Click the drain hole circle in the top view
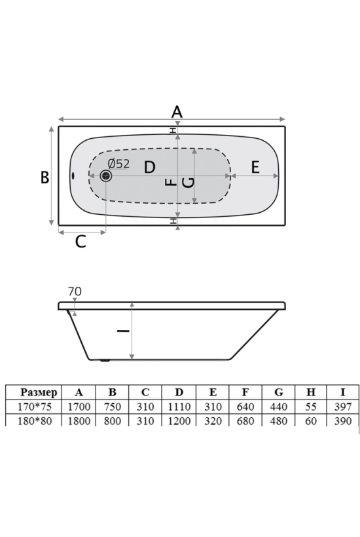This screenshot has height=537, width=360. click(106, 176)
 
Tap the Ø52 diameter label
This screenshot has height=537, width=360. click(118, 164)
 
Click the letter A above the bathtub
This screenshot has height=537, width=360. click(177, 112)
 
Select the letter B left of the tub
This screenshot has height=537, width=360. click(45, 177)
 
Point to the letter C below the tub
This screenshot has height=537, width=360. click(81, 242)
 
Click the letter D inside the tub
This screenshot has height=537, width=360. click(149, 168)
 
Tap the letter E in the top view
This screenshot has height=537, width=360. click(255, 168)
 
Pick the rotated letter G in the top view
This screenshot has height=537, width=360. click(189, 182)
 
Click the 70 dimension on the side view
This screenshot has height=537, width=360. click(75, 291)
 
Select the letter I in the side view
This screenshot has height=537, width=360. click(123, 331)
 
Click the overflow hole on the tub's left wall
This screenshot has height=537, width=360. click(73, 176)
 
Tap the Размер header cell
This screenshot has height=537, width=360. click(39, 392)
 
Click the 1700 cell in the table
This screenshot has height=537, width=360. click(79, 407)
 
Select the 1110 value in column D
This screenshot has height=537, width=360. click(179, 407)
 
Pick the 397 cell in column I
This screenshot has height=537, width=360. click(343, 407)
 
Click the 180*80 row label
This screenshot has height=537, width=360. click(35, 421)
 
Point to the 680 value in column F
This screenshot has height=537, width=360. click(245, 421)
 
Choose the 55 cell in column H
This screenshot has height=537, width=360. click(311, 407)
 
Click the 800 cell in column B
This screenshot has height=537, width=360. click(113, 421)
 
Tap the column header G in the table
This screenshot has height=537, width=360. click(279, 392)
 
